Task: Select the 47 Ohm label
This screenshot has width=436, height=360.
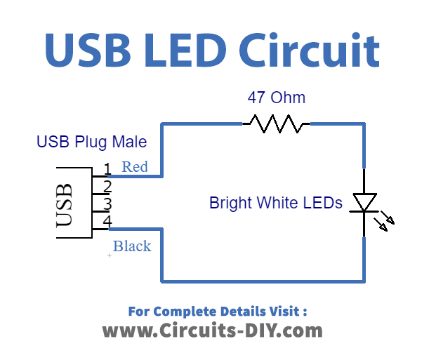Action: (x=277, y=98)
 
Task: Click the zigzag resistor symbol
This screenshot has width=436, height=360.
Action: (x=277, y=125)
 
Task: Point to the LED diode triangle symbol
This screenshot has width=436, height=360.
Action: (x=364, y=202)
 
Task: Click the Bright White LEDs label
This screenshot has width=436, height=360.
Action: (x=276, y=204)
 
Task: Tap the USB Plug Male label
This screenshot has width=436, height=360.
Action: (x=91, y=142)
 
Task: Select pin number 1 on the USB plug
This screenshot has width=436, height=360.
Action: (x=107, y=169)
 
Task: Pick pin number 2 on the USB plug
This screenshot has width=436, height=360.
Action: (x=107, y=187)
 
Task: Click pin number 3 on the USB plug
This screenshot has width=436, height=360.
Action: (x=107, y=204)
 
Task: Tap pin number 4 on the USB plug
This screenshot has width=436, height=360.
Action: (x=107, y=222)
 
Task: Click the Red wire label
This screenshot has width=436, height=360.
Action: (x=135, y=167)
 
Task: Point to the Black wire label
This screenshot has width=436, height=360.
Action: (x=132, y=246)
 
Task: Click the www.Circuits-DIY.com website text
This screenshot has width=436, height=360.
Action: (x=213, y=331)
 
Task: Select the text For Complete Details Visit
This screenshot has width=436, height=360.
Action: (x=218, y=311)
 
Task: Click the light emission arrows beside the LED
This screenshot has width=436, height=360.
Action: (x=385, y=221)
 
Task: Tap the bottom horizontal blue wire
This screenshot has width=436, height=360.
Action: (x=263, y=281)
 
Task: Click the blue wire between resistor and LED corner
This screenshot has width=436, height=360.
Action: (x=337, y=125)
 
